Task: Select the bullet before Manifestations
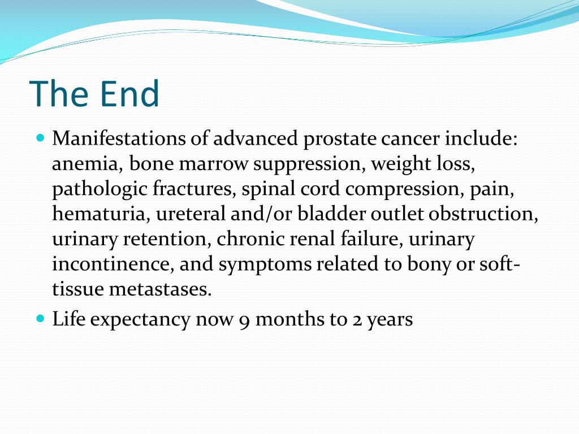coord(40,137)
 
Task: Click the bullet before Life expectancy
coord(40,319)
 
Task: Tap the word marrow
coord(215,164)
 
